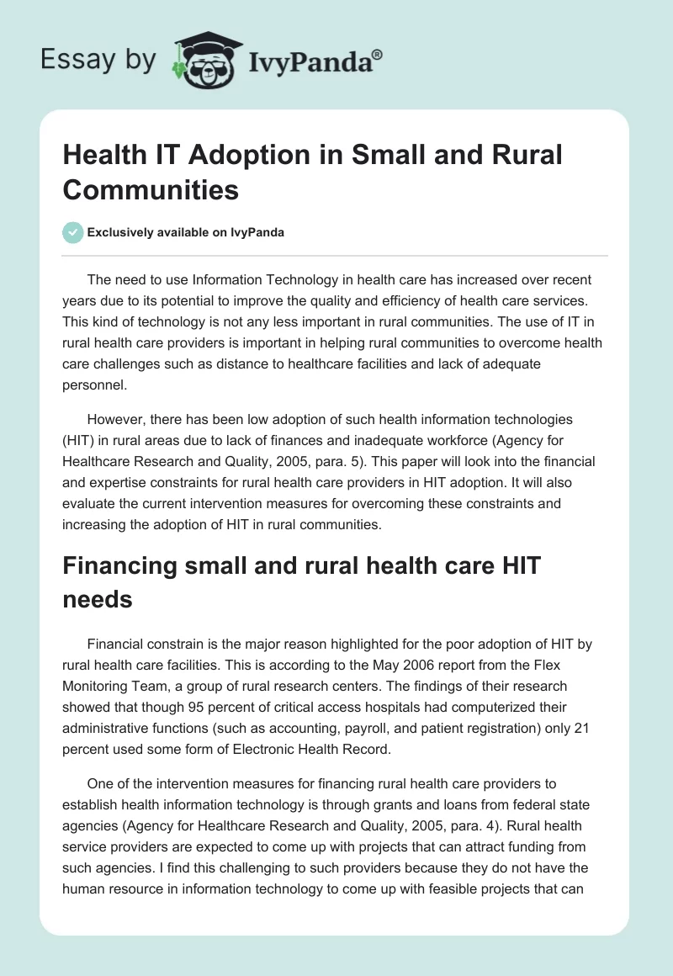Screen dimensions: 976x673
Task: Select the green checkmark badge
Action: pyautogui.click(x=72, y=232)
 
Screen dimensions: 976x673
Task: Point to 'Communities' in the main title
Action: pyautogui.click(x=151, y=189)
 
